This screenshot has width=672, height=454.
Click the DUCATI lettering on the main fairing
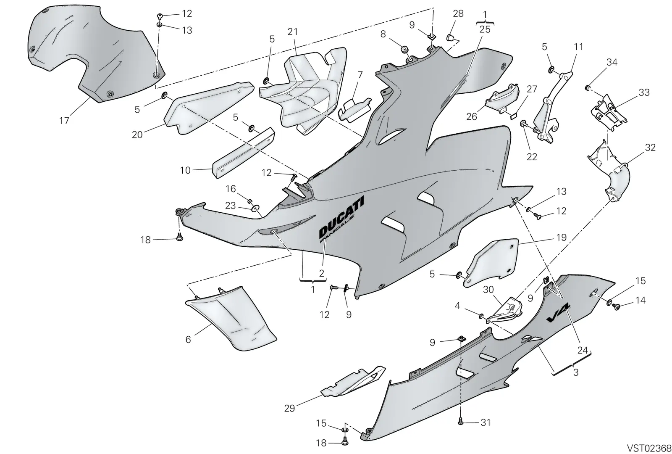tap(341, 216)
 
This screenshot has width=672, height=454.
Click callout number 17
tap(65, 121)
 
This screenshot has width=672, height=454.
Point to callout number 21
tap(292, 32)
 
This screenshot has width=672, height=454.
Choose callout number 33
tap(644, 92)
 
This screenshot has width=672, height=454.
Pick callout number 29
tap(289, 408)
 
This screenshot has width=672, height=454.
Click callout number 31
tap(486, 423)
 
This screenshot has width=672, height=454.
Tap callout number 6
tap(188, 340)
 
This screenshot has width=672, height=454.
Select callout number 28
tap(458, 13)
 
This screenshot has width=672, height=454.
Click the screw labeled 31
tap(460, 422)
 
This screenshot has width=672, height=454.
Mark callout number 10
tap(185, 170)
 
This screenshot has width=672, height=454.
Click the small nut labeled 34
tap(588, 88)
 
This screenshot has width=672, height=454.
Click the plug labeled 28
tap(450, 38)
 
